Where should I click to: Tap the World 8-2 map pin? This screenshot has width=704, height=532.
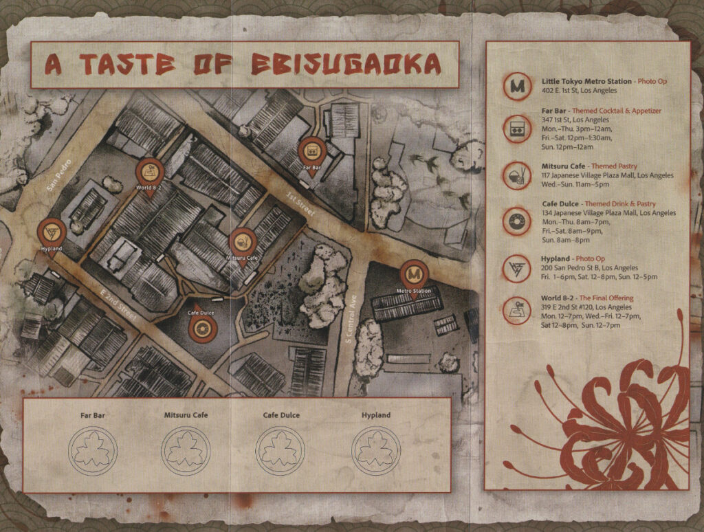point(148,172)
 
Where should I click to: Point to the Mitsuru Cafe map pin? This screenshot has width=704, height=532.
point(241,242)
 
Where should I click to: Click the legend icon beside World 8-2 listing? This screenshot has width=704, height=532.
point(516,311)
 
